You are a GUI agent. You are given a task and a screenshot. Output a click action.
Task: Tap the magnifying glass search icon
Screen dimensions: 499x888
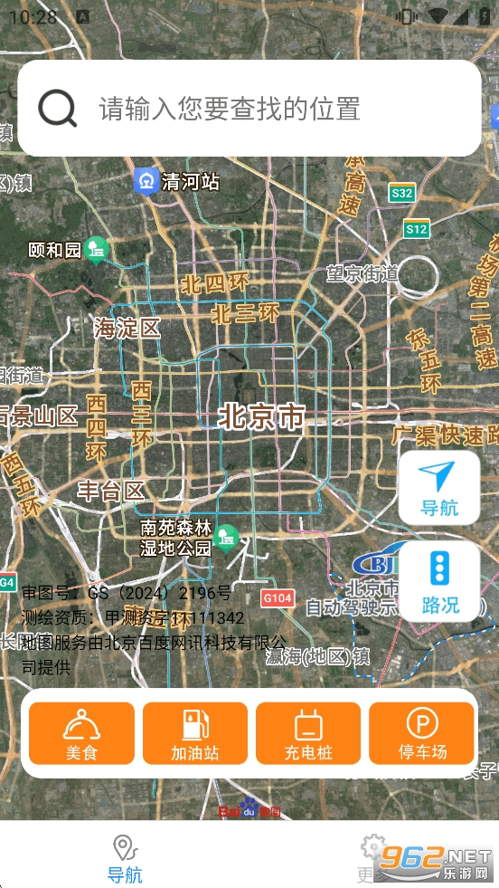pyautogui.click(x=57, y=109)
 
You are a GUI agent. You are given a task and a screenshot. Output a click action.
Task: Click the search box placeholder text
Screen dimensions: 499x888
pyautogui.click(x=230, y=109)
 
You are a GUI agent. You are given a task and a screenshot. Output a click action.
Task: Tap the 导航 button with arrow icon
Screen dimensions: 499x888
pyautogui.click(x=439, y=487)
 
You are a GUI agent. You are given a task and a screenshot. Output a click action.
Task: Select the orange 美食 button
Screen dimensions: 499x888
pyautogui.click(x=81, y=733)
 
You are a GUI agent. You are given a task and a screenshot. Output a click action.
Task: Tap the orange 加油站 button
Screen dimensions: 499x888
pyautogui.click(x=194, y=733)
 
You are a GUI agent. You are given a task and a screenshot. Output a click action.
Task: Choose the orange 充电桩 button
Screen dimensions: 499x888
pyautogui.click(x=308, y=733)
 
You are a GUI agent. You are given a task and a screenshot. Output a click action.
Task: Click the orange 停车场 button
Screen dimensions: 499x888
pyautogui.click(x=422, y=733)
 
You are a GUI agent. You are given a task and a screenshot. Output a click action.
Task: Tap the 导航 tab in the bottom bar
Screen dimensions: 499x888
pyautogui.click(x=125, y=859)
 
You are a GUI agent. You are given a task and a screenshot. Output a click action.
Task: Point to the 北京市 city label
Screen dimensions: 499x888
pyautogui.click(x=261, y=417)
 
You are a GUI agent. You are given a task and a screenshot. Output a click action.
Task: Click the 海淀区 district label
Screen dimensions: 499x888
pyautogui.click(x=127, y=328)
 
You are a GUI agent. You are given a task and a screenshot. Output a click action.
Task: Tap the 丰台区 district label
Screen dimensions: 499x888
pyautogui.click(x=110, y=491)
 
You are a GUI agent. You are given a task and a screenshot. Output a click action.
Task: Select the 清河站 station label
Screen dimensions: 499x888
pyautogui.click(x=191, y=181)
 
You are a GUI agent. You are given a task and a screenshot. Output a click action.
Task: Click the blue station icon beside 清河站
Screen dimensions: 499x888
pyautogui.click(x=146, y=180)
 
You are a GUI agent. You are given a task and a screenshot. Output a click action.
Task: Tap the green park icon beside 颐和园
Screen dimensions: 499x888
pyautogui.click(x=97, y=249)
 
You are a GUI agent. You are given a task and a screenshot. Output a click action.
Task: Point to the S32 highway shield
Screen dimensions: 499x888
pyautogui.click(x=401, y=193)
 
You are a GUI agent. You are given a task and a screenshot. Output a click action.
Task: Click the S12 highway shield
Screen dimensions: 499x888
pyautogui.click(x=416, y=229)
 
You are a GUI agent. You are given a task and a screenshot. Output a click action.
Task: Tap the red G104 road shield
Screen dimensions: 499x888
pyautogui.click(x=278, y=597)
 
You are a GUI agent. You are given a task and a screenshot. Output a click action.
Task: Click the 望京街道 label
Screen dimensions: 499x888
pyautogui.click(x=362, y=272)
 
